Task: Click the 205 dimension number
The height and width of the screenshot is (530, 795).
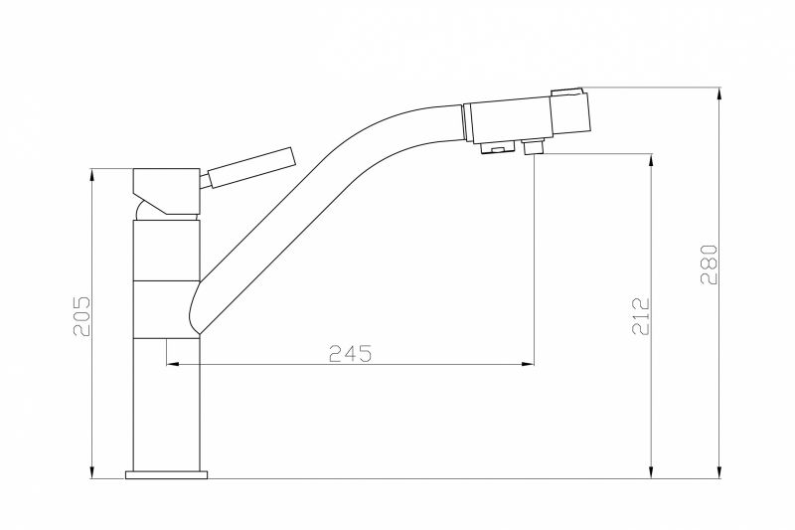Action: click(81, 316)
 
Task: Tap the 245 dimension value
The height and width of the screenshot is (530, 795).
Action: click(351, 354)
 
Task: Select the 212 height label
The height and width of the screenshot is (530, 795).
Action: click(641, 316)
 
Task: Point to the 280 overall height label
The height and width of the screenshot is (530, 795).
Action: click(710, 265)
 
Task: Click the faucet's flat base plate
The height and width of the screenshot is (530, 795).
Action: click(167, 474)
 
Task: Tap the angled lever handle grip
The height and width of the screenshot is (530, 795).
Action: click(251, 167)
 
